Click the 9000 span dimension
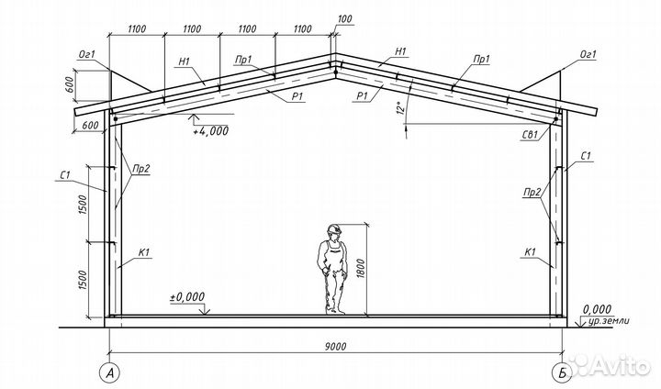pyautogui.click(x=336, y=347)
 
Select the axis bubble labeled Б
pyautogui.click(x=562, y=372)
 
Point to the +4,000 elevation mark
pyautogui.click(x=211, y=130)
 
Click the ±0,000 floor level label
pyautogui.click(x=187, y=296)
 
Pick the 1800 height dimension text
pyautogui.click(x=360, y=269)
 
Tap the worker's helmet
pyautogui.click(x=334, y=228)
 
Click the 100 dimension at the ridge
pyautogui.click(x=345, y=19)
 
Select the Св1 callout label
pyautogui.click(x=530, y=135)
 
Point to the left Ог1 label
pyautogui.click(x=87, y=54)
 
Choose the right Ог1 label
pyautogui.click(x=588, y=54)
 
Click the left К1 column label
pyautogui.click(x=144, y=252)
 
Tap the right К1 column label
pyautogui.click(x=530, y=252)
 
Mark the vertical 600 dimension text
pyautogui.click(x=70, y=86)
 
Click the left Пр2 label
pyautogui.click(x=141, y=169)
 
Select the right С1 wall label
pyautogui.click(x=586, y=156)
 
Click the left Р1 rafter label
pyautogui.click(x=297, y=96)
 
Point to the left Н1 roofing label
pyautogui.click(x=185, y=61)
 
